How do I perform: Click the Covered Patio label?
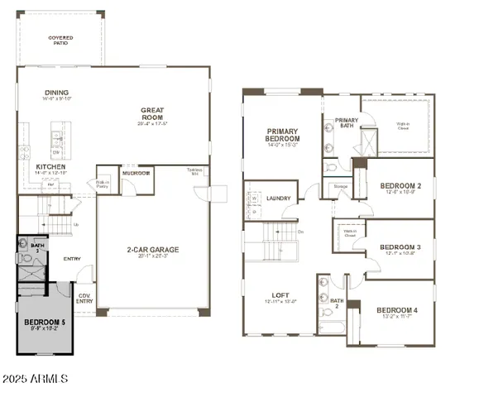(60, 39)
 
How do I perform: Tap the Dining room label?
(57, 93)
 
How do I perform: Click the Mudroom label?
(137, 173)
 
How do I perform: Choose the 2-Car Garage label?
(152, 249)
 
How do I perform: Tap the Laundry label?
(278, 198)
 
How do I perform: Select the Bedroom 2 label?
(400, 187)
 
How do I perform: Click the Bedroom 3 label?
(400, 247)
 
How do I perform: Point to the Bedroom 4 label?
(398, 311)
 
